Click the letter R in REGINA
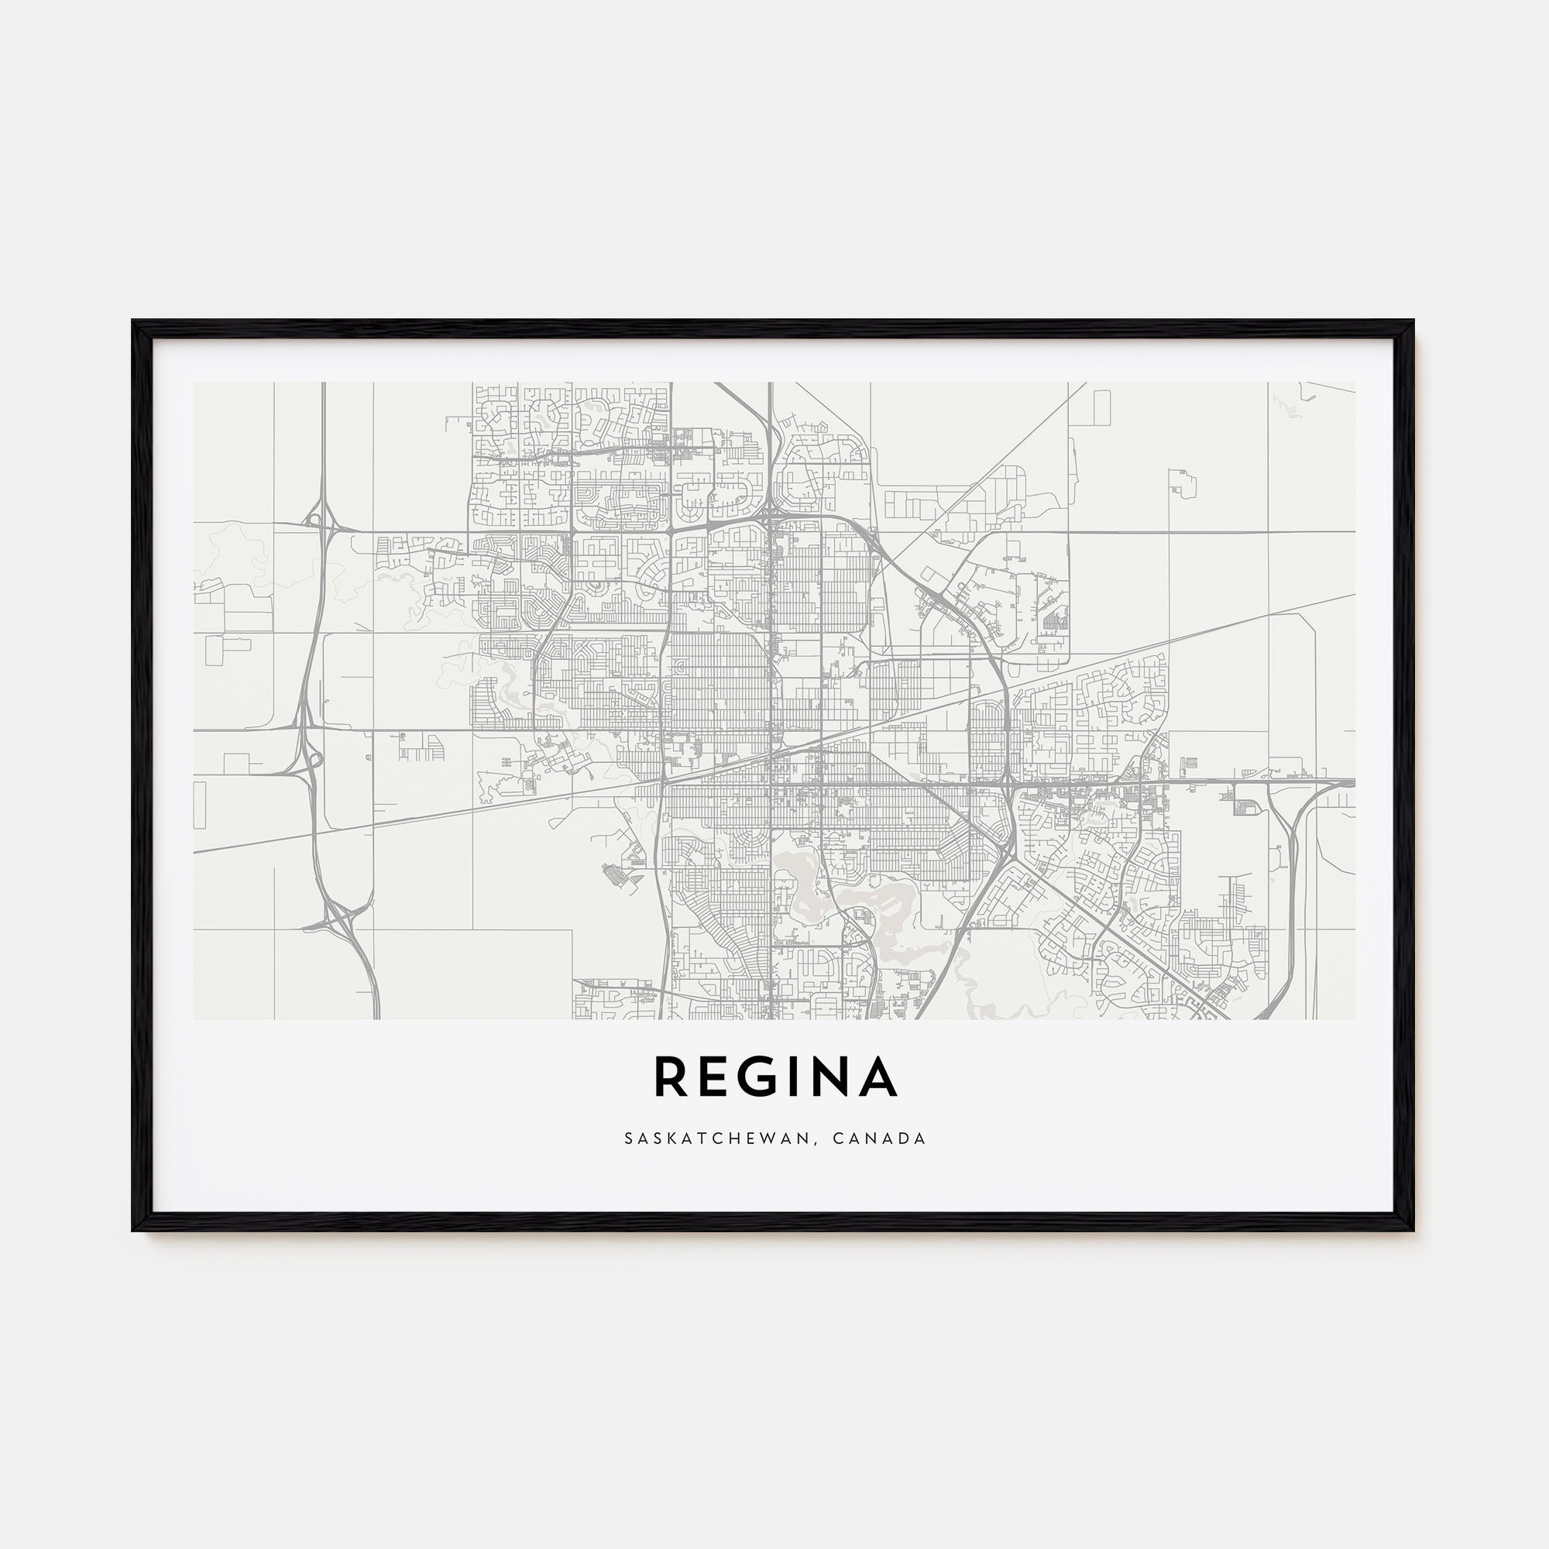pos(671,1077)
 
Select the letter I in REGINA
pos(804,1077)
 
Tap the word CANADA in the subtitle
pos(881,1139)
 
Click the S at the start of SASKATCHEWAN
pos(629,1139)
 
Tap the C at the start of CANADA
pos(838,1139)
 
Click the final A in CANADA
pos(922,1139)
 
